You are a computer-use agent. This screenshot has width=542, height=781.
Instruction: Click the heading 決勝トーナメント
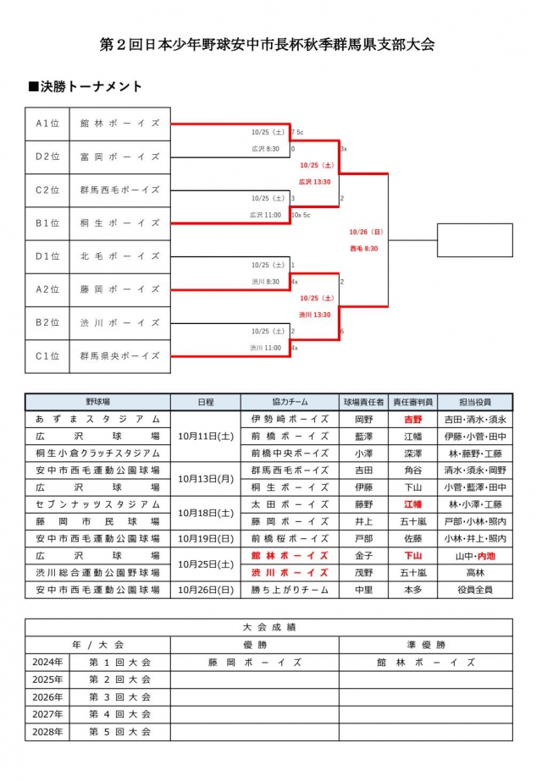click(x=85, y=86)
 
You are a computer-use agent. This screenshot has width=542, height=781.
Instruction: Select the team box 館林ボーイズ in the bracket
click(x=119, y=123)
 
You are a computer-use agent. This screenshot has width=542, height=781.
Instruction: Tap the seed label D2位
click(x=47, y=156)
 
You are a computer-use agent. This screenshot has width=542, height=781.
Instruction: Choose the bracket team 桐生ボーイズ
click(x=119, y=223)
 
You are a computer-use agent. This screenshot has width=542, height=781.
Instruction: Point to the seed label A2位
click(x=47, y=289)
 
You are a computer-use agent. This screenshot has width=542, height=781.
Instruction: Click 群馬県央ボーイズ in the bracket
click(x=119, y=356)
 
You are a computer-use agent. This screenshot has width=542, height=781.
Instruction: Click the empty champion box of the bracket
click(x=474, y=239)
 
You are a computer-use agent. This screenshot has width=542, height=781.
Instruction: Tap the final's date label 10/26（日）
click(x=366, y=232)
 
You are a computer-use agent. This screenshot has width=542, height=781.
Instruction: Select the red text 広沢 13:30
click(x=314, y=181)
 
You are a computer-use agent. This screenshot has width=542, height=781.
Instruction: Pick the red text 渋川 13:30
click(x=314, y=315)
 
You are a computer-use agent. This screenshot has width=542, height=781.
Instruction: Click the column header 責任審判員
click(x=412, y=403)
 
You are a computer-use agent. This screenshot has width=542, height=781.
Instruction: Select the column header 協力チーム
click(x=289, y=403)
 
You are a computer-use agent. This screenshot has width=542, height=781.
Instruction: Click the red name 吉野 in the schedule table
click(x=412, y=419)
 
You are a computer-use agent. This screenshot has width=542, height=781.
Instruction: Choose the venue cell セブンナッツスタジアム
click(x=97, y=504)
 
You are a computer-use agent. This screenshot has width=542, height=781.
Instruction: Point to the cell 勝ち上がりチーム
click(x=289, y=590)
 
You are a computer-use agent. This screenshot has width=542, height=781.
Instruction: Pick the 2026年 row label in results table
click(x=47, y=697)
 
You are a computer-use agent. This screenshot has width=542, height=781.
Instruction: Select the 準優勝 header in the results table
click(x=425, y=645)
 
